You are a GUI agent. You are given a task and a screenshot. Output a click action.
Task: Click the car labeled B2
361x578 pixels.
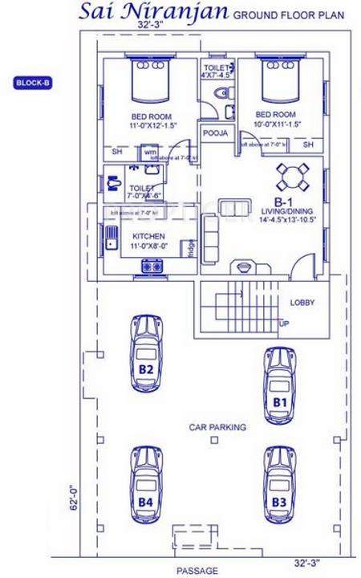147,356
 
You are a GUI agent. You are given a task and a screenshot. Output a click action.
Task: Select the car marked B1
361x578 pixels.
280,386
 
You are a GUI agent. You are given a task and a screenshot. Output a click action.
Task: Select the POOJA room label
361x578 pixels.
214,132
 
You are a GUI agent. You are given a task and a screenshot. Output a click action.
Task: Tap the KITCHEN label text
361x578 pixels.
148,237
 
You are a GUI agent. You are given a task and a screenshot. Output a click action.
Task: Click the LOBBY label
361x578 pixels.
302,303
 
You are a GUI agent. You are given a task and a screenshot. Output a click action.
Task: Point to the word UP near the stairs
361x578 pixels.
284,324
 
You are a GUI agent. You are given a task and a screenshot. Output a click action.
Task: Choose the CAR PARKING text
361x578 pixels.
217,427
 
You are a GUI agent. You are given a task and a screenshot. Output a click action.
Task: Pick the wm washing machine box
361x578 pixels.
150,151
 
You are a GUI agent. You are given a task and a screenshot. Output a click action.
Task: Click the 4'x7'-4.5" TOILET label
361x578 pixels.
217,71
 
